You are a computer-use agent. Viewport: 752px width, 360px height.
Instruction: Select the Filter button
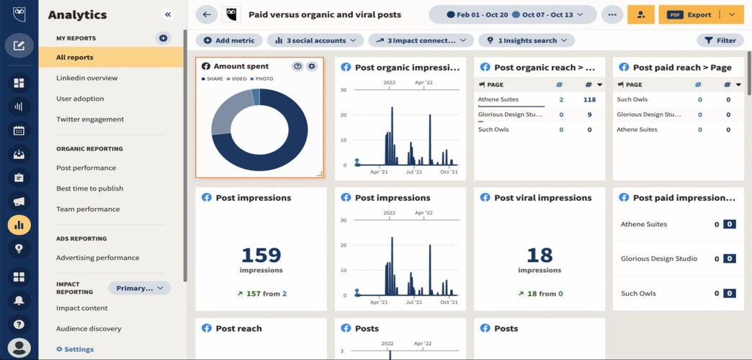coord(720,41)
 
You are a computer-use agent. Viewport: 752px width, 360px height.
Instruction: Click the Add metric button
coord(229,41)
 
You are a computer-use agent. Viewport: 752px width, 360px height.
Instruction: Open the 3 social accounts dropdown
coord(315,41)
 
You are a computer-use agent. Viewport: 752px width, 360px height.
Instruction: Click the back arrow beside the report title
coord(207,14)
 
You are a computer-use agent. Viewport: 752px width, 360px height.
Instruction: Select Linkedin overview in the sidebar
coord(87,78)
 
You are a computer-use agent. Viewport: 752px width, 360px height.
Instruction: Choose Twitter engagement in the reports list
coord(90,120)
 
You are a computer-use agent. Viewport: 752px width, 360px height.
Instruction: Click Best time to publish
coord(90,189)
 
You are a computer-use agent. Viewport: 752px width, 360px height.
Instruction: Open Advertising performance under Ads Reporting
coord(98,258)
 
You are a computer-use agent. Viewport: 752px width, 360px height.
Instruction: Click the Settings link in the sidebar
coord(79,349)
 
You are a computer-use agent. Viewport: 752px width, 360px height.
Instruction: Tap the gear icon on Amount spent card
coord(312,66)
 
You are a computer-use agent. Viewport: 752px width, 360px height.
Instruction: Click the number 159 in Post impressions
coord(261,256)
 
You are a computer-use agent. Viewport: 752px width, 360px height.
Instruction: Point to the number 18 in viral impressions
coord(539,256)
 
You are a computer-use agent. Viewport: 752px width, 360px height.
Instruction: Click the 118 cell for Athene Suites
coord(589,99)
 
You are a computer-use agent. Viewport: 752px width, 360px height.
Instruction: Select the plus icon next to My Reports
coord(164,38)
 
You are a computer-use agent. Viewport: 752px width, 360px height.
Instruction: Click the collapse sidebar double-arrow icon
coord(168,14)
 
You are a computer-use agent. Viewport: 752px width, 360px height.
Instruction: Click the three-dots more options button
coord(612,14)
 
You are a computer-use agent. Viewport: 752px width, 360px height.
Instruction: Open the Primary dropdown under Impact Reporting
coord(140,288)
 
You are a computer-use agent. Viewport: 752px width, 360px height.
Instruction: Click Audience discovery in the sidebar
coord(89,329)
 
